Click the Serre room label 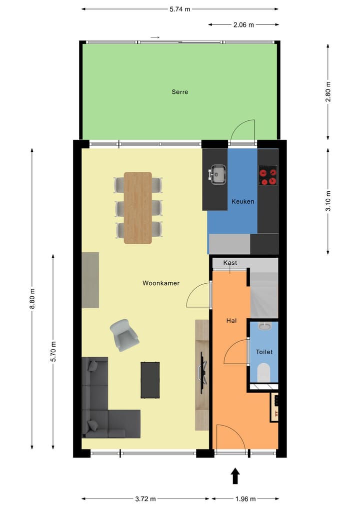180,92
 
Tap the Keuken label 243,202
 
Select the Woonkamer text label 161,283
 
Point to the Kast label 230,263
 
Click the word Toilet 264,352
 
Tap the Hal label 231,321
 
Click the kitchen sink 217,175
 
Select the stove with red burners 267,175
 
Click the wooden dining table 138,208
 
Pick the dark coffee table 150,380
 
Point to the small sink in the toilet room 265,326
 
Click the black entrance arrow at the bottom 235,476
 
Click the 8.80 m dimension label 32,299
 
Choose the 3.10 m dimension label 328,201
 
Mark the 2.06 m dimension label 243,24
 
